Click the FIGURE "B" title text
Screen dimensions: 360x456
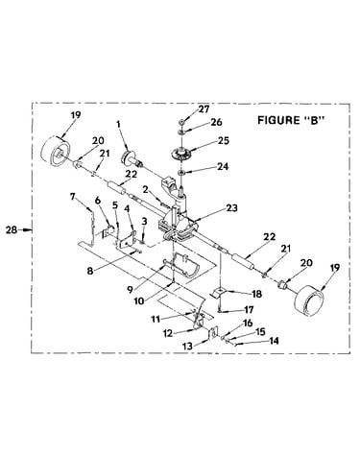pos(291,120)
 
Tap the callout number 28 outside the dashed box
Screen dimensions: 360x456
pos(12,229)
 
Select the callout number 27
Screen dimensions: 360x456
pos(204,109)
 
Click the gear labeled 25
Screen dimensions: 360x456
pos(181,154)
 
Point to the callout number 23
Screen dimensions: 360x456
pos(231,208)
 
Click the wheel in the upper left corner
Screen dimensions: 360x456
pos(56,152)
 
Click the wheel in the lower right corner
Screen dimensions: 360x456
pos(310,299)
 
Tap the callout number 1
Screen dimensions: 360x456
pos(119,124)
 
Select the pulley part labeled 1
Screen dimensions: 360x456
pos(131,157)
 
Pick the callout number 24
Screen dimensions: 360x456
pos(223,166)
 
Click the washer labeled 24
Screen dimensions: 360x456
pos(181,173)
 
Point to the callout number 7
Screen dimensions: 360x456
pos(73,197)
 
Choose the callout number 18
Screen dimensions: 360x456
pos(256,294)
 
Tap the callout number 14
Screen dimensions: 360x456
pos(273,341)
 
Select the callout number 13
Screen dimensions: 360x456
pos(188,346)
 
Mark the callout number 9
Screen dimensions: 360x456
pos(130,290)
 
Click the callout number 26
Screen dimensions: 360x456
pos(216,122)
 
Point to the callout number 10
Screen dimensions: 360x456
pos(139,300)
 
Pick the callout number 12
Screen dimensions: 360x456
pos(168,333)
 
